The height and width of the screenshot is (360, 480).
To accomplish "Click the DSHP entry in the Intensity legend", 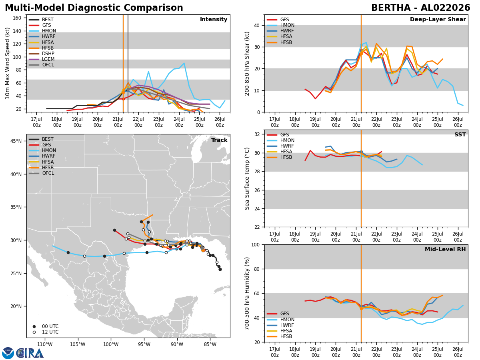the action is [42, 54].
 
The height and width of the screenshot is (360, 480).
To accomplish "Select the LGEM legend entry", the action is [42, 59].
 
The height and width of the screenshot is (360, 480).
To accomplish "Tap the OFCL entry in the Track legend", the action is [41, 173].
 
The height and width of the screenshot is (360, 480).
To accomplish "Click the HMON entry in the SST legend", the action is [280, 140].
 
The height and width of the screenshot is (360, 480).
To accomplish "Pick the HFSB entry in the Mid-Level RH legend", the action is [280, 336].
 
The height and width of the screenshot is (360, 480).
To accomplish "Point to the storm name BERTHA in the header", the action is [391, 8].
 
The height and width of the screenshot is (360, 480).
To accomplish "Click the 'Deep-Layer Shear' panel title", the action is [438, 19].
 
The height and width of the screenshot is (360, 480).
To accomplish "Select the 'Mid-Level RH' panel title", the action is [445, 249].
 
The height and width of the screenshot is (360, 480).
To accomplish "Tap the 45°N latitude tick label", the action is [16, 141].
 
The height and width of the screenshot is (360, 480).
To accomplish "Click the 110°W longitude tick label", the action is [45, 345].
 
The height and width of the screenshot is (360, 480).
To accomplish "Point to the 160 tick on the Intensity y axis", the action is [17, 18].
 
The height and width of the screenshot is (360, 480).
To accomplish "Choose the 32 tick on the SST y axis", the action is [257, 134].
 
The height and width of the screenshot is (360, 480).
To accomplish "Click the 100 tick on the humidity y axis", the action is [256, 245].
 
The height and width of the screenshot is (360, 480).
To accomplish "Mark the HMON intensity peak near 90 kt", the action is [184, 63].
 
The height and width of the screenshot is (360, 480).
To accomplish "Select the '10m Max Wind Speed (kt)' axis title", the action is [7, 63].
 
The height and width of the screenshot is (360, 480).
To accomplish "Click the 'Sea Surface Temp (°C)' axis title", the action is [247, 178].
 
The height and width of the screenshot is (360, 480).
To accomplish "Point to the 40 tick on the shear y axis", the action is [257, 25].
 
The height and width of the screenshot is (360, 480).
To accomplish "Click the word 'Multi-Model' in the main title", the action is [35, 8].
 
